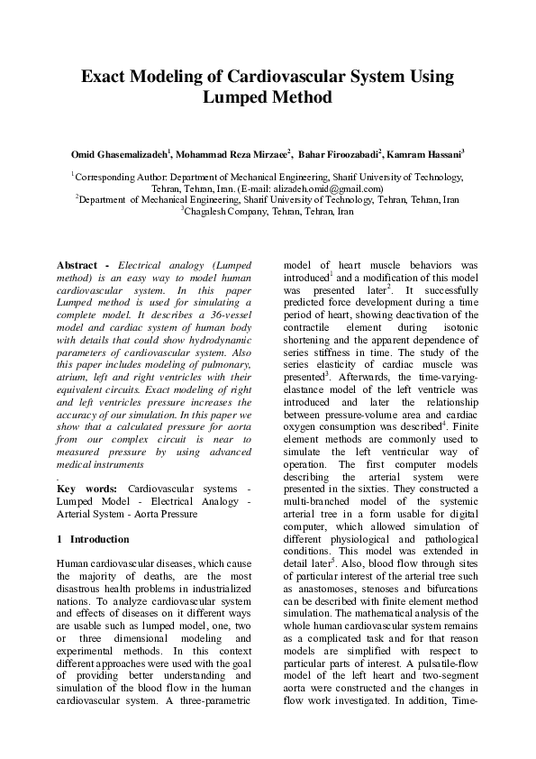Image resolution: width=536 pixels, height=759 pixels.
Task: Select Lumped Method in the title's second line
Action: tap(268, 97)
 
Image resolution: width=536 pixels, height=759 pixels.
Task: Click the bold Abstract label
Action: tap(77, 266)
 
